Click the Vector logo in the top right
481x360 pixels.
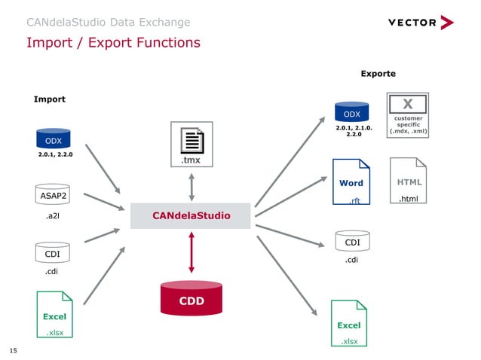point(421,23)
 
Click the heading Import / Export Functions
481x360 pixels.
point(113,42)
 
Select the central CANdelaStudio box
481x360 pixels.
point(191,216)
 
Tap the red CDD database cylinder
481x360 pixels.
point(191,298)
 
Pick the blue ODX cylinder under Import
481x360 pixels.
point(54,139)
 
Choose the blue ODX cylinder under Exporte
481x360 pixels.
point(352,113)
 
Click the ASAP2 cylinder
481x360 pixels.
point(54,196)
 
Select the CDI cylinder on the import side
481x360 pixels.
point(52,252)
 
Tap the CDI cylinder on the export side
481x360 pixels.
point(352,241)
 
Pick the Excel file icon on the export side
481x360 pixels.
point(348,323)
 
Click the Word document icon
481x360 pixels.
point(351,182)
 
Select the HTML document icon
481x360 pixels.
point(409,181)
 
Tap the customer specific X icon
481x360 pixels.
point(407,115)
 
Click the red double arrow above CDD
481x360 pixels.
point(191,252)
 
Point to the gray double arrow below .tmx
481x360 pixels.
point(191,186)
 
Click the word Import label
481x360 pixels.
point(50,99)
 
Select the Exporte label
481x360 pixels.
point(378,74)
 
